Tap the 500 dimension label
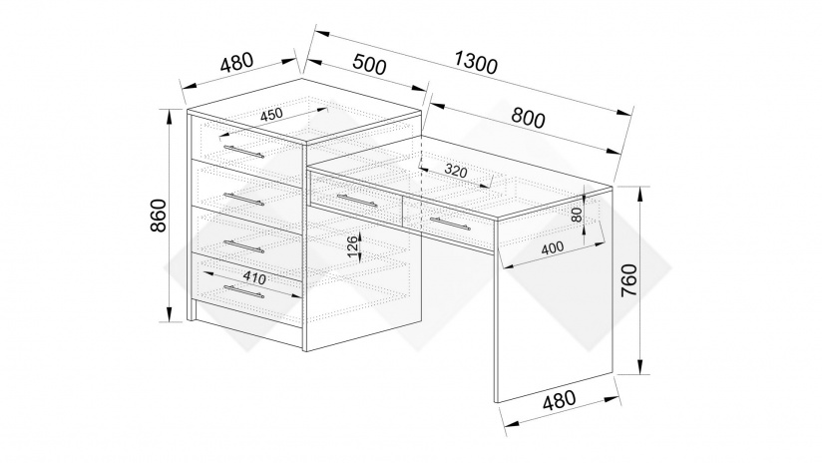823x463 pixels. pos(369,67)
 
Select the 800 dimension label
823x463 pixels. pos(527,118)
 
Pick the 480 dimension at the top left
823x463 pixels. pos(236,62)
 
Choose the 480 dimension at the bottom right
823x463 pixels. pos(562,403)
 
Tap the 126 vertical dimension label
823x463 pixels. pos(352,246)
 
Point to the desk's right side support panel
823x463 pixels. pos(554,309)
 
